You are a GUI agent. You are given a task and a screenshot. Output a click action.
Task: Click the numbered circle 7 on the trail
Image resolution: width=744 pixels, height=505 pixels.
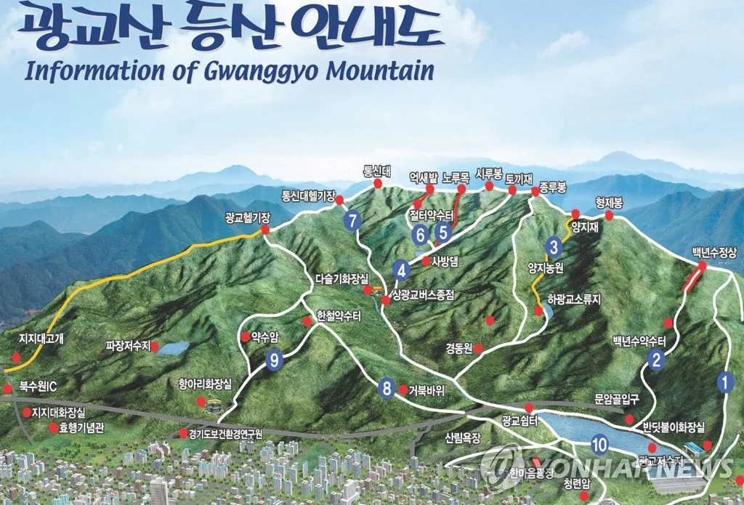[353, 219]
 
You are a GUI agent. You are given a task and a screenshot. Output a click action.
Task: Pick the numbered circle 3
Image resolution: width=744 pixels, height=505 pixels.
[554, 247]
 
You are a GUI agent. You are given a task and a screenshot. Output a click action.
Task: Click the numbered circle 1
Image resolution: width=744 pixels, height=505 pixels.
[724, 381]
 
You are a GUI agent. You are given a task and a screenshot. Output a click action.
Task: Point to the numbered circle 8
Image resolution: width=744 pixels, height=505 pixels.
[387, 389]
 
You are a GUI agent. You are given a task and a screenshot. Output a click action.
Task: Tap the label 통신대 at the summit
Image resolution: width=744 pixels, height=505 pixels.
[378, 171]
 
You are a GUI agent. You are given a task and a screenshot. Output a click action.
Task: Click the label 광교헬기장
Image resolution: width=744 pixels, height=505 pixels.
[248, 217]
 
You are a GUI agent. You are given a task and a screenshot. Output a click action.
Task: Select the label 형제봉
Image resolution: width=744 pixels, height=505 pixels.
[610, 202]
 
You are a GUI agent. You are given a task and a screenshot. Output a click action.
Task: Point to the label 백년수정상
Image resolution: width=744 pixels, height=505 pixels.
[714, 253]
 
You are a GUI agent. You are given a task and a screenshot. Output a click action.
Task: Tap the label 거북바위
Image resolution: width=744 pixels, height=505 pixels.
[426, 390]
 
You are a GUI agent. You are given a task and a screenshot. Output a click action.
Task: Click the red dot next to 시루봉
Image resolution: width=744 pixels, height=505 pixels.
[489, 187]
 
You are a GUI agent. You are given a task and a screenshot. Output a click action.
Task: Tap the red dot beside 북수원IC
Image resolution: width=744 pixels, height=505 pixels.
[8, 389]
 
